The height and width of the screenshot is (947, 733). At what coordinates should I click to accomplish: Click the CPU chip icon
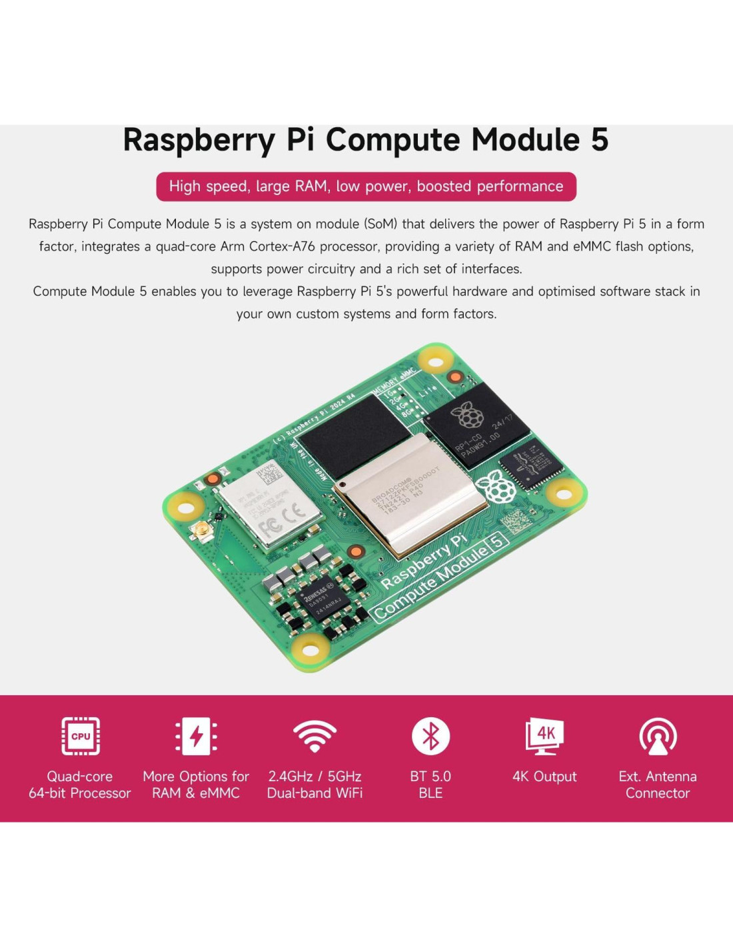[x=81, y=736]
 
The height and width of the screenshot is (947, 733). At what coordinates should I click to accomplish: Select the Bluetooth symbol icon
[x=430, y=736]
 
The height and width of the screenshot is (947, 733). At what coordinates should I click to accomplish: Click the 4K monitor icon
[x=544, y=736]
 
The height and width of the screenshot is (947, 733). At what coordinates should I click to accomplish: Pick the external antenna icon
[x=658, y=736]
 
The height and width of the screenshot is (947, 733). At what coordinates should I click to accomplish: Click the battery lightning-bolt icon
[x=196, y=736]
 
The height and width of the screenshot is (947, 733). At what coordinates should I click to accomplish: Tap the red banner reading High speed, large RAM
[x=366, y=186]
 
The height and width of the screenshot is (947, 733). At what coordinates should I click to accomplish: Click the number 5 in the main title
[x=599, y=140]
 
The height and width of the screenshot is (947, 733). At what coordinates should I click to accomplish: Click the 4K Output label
[x=544, y=777]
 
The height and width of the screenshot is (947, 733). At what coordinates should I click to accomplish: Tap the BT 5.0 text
[x=430, y=777]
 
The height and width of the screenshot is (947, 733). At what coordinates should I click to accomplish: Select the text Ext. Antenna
[x=658, y=777]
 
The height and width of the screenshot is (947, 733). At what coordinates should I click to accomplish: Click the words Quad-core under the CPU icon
[x=80, y=777]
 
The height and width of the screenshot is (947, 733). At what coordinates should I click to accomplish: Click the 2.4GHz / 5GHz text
[x=315, y=777]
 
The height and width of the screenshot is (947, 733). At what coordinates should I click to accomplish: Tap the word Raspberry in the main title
[x=199, y=141]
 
